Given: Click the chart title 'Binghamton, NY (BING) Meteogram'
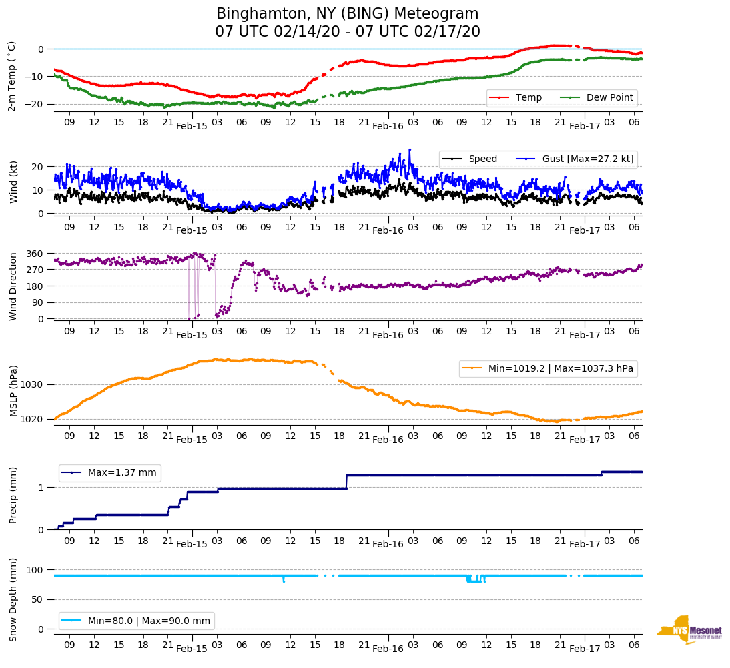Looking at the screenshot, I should [347, 14].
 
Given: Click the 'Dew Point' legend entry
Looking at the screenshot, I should [610, 98].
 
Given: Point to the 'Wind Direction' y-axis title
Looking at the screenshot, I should [13, 286].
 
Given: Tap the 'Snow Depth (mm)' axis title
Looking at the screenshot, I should [13, 599].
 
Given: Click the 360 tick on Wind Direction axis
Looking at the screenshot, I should [35, 254].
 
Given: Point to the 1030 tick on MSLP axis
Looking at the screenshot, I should [33, 384].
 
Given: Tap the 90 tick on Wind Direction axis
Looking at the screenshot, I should [38, 302].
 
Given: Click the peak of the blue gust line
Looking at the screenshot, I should [410, 149].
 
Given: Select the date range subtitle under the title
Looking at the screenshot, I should [347, 32].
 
